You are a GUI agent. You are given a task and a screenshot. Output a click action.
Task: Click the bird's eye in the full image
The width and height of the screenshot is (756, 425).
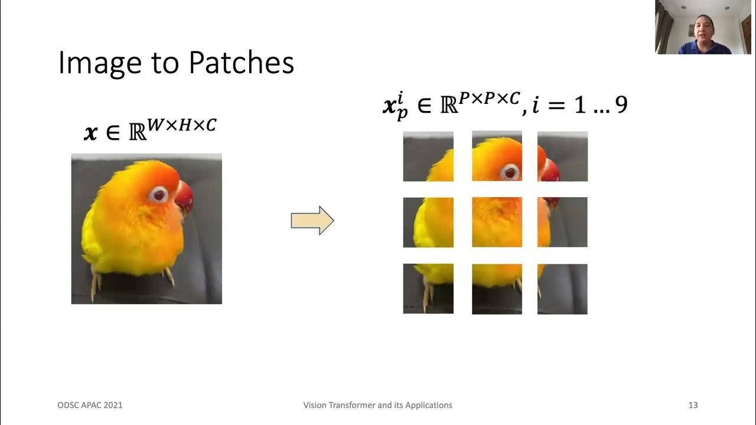158,194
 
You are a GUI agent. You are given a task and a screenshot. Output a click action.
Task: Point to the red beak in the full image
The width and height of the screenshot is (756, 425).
184,198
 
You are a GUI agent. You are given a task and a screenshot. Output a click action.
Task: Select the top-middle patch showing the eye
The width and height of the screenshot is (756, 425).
497,156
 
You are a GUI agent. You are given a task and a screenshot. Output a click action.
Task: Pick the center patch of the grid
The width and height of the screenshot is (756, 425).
497,222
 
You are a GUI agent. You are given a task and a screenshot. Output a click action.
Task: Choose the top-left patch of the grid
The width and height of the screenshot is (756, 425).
428,156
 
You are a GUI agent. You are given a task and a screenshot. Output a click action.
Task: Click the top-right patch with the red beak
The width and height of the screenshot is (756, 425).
562,156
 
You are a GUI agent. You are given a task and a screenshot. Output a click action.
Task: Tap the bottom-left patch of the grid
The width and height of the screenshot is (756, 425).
428,289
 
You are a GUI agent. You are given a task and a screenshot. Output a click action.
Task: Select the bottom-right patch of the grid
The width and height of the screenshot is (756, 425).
562,289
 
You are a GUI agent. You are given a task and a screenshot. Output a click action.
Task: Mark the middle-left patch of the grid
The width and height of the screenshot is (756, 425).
428,222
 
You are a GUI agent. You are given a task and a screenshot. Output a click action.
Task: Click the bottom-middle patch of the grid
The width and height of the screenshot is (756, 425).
497,289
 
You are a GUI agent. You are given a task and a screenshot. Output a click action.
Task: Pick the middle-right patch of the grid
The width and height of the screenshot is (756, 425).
562,222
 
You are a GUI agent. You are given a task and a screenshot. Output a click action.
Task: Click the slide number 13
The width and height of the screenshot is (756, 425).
693,405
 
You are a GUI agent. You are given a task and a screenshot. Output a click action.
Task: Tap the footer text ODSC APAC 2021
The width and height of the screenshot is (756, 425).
90,405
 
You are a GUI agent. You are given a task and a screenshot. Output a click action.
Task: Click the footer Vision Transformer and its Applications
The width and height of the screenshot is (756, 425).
377,405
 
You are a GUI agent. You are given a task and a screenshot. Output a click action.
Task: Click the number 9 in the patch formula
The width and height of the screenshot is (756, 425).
620,106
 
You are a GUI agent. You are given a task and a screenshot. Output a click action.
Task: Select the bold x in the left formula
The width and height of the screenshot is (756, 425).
90,133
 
